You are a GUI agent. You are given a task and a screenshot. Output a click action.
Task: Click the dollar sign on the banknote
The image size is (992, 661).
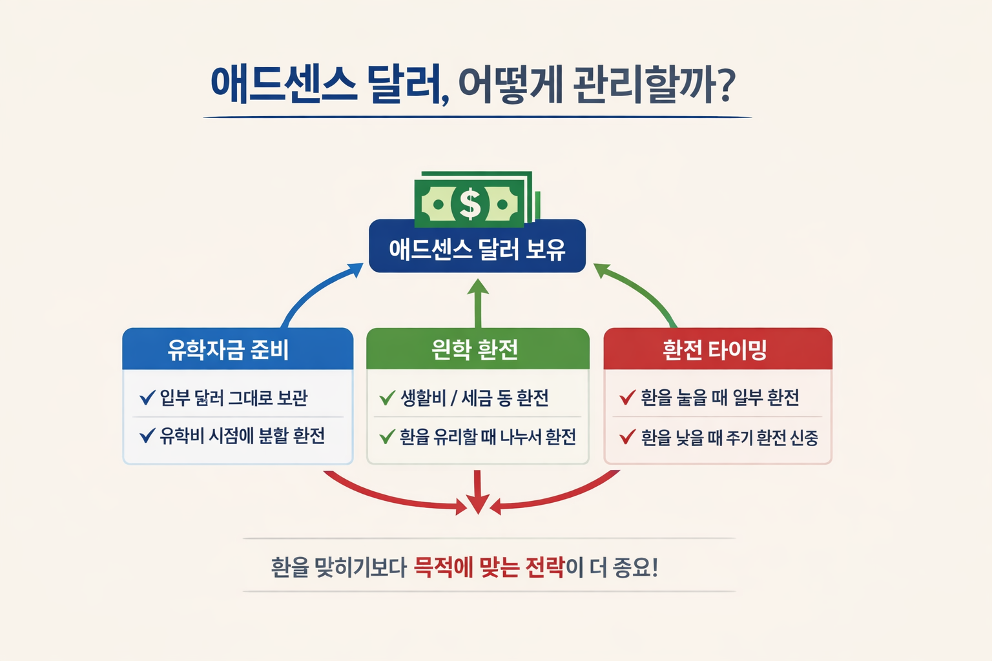tap(470, 204)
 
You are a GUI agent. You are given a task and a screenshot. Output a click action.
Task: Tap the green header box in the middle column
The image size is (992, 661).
tap(477, 349)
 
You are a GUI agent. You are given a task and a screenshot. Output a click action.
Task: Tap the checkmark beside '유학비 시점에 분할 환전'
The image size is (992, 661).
tap(147, 436)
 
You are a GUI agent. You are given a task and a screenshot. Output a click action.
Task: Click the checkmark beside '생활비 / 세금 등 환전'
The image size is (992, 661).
tap(387, 398)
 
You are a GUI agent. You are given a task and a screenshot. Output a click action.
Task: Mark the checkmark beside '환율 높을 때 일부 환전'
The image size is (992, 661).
tap(627, 397)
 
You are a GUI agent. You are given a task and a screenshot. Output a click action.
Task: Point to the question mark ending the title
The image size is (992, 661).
tap(727, 85)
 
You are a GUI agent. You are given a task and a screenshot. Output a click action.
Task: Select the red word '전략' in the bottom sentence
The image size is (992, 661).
tap(545, 567)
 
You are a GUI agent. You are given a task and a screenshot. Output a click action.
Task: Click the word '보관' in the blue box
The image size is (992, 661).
tap(292, 398)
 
